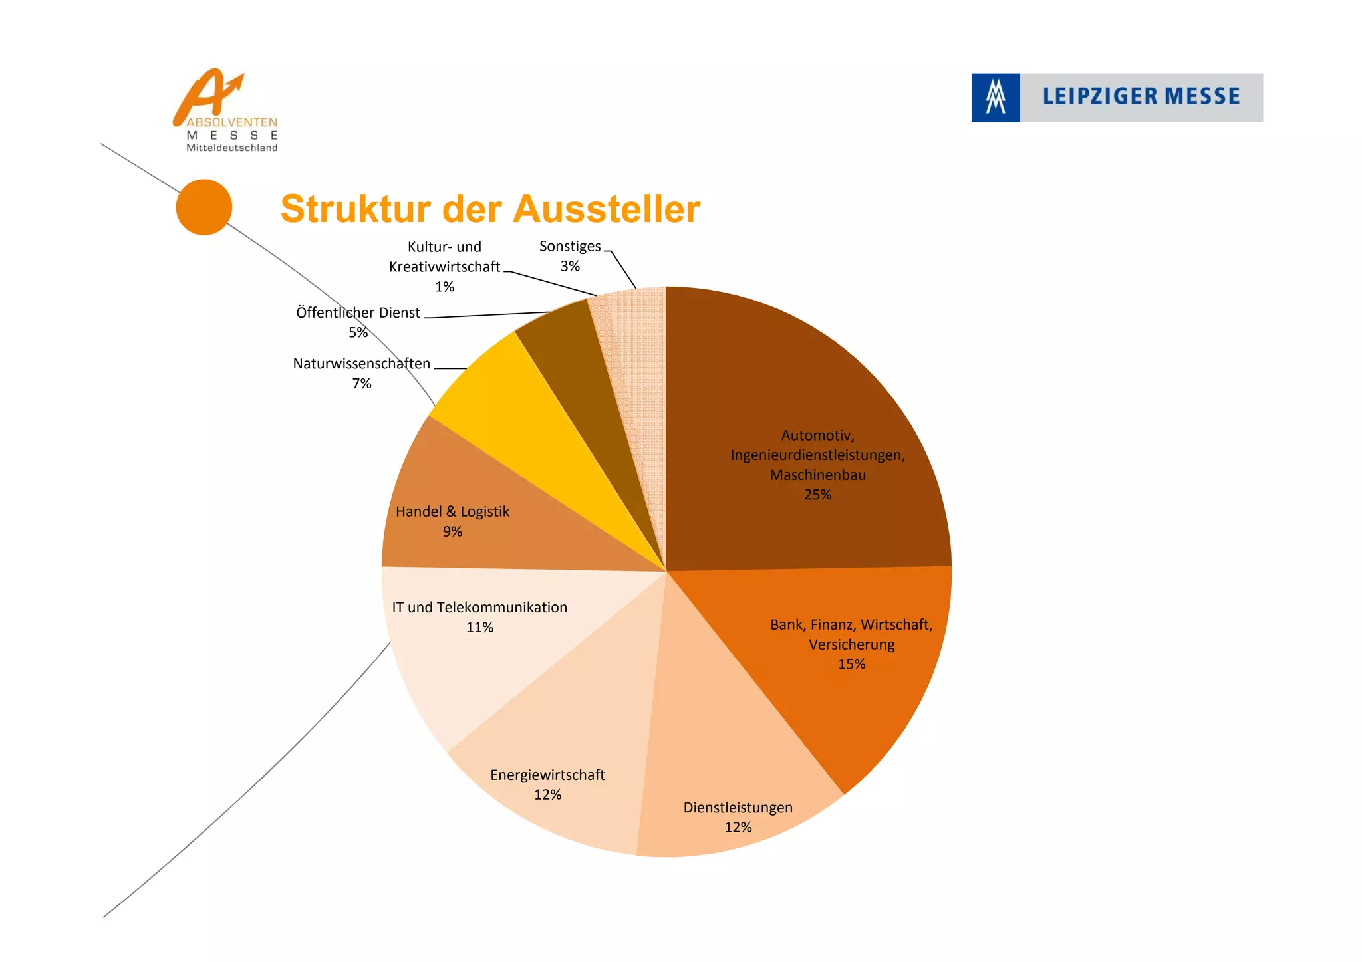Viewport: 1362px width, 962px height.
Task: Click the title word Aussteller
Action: [606, 209]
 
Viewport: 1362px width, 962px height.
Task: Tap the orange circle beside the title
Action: [204, 207]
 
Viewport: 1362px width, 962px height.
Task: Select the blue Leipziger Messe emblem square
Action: [995, 98]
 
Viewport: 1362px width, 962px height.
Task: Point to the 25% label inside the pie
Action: [817, 495]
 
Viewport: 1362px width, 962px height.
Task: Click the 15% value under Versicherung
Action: [851, 664]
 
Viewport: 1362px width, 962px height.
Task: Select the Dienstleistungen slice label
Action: [738, 808]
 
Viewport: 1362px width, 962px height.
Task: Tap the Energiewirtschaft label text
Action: [547, 775]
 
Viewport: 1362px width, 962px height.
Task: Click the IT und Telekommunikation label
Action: [479, 608]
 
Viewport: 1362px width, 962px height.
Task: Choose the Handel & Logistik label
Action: [452, 512]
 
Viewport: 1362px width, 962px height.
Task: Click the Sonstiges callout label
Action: [570, 247]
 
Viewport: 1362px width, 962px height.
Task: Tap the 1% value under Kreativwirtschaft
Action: [444, 287]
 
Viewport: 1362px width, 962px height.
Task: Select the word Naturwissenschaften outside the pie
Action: [361, 364]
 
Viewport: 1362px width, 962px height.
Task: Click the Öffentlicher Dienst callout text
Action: [358, 313]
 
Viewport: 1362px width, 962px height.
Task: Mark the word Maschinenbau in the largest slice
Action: [817, 475]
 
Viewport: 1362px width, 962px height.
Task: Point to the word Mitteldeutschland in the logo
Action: [231, 148]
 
